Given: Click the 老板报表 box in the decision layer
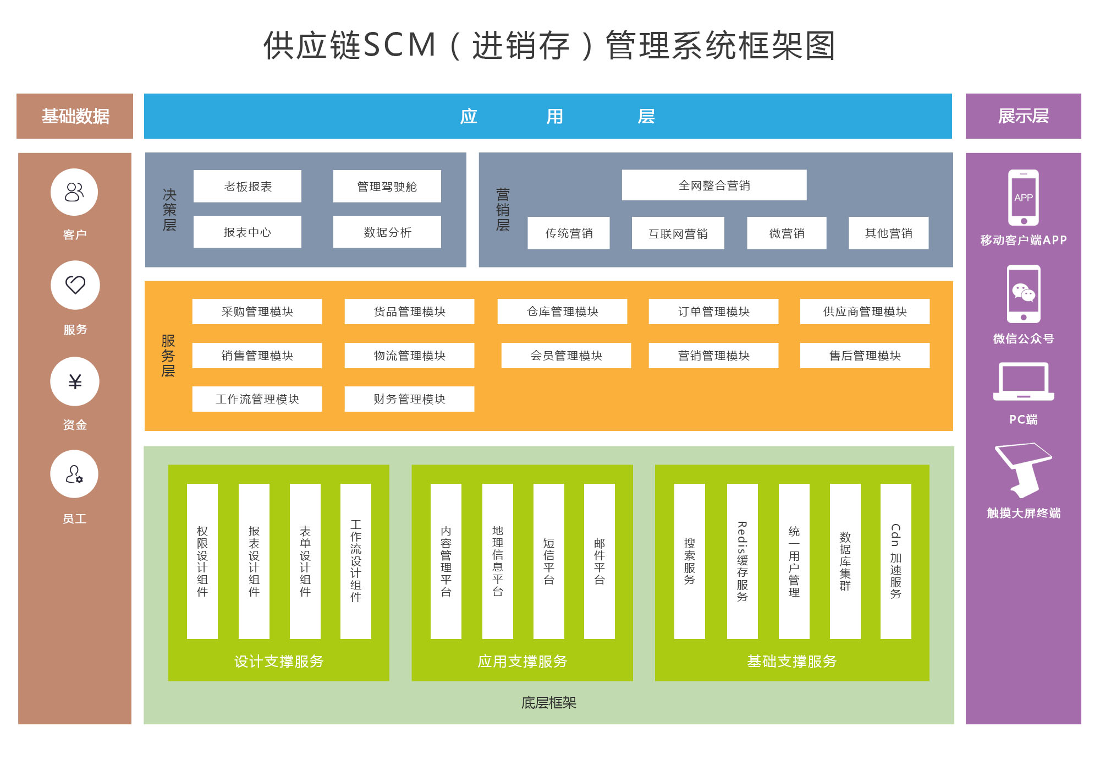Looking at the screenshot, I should point(248,187).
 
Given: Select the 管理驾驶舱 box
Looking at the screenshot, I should point(387,187).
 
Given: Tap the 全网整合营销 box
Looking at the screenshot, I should point(714,185).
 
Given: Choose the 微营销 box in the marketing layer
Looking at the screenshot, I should point(787,233).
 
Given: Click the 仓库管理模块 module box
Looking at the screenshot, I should point(562,312).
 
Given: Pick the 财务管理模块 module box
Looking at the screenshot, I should point(409,399).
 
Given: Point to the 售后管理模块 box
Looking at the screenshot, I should point(865,356).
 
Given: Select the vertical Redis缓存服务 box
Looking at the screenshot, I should point(742,561).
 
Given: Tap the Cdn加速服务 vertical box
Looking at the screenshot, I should point(895,561).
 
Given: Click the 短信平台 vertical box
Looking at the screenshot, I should point(548,561).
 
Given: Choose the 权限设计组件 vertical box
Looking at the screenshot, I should point(202,561).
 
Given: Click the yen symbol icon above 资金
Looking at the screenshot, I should point(75,381).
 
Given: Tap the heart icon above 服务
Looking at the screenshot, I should point(75,285).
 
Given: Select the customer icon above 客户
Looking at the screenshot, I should point(74,192).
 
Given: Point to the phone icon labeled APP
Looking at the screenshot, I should point(1023,198).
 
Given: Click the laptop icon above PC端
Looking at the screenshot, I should point(1024,381).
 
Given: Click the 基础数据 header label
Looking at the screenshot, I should point(75,116).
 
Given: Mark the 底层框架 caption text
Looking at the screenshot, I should point(548,703).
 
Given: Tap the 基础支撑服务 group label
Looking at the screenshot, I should point(791,661).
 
